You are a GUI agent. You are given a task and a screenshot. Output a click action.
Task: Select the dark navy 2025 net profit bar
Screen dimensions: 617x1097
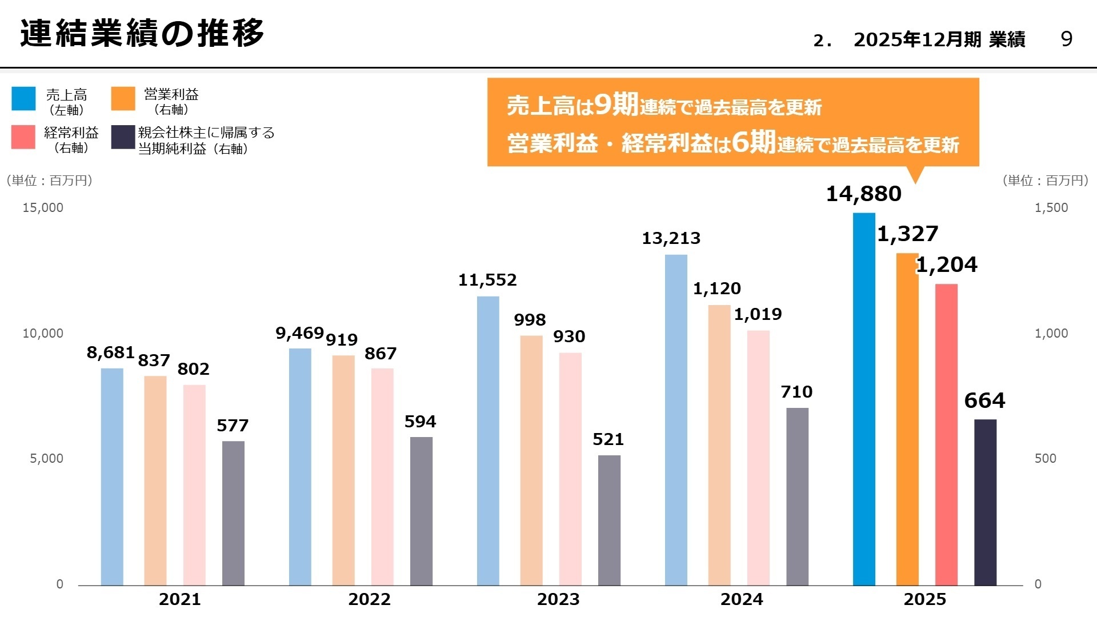point(985,502)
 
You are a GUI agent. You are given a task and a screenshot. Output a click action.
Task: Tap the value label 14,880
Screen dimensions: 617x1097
point(863,194)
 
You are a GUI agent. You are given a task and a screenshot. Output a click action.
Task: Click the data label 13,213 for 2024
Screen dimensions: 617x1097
point(671,238)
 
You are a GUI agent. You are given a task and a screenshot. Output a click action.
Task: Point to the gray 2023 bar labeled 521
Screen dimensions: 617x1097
point(609,520)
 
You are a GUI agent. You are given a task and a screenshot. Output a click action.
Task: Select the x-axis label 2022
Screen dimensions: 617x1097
point(369,599)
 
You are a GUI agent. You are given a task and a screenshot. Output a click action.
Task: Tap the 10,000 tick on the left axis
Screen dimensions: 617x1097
point(43,334)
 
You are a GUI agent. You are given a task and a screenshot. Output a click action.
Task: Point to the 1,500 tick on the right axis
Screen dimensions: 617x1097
point(1051,208)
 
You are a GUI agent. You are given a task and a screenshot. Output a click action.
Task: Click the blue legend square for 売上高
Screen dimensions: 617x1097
point(23,99)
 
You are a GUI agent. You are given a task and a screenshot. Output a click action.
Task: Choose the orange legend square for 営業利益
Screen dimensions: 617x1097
point(123,99)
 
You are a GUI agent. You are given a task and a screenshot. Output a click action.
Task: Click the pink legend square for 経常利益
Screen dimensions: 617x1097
point(23,138)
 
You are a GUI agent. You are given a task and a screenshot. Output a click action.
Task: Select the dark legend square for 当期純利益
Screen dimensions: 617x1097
point(123,138)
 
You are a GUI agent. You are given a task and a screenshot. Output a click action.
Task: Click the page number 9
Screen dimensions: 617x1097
point(1066,39)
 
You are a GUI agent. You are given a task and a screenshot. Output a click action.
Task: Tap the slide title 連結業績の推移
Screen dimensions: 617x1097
point(142,33)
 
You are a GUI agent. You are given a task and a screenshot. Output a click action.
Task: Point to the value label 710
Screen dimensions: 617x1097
point(796,392)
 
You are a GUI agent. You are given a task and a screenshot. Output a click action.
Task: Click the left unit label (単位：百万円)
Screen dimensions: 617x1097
point(50,181)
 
